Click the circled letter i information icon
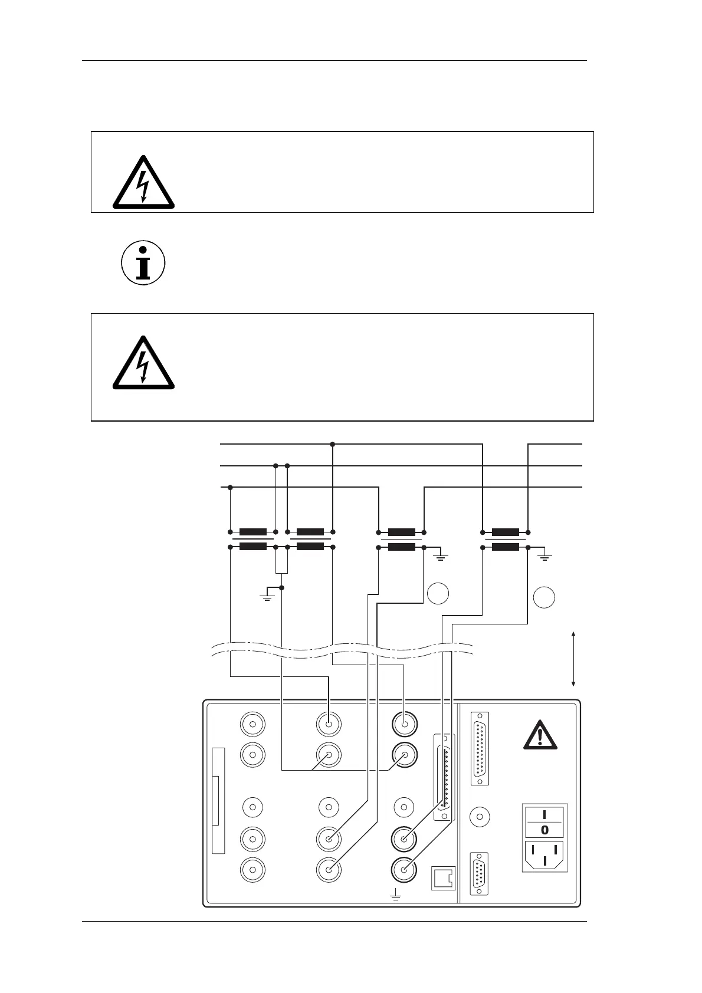click(x=143, y=262)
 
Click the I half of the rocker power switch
click(x=545, y=814)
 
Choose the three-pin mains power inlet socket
click(x=545, y=856)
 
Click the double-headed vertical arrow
click(x=573, y=659)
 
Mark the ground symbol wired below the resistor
click(x=267, y=595)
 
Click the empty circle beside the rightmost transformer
click(x=544, y=598)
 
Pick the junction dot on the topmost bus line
click(x=333, y=443)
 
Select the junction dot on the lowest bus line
click(x=230, y=488)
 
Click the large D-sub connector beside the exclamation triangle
click(x=480, y=749)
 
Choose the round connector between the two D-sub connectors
click(x=480, y=817)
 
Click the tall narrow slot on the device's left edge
click(x=218, y=801)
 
